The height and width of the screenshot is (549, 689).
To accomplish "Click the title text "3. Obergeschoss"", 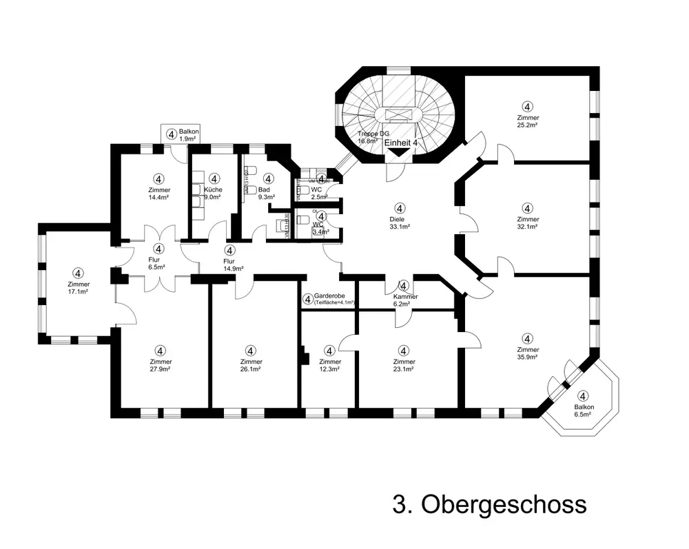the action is coord(489,504).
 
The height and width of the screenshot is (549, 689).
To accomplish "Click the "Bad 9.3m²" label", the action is coord(267,193).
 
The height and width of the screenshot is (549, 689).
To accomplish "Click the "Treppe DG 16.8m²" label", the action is coord(374,137).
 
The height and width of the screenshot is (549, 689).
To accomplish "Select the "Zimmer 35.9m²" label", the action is coord(527,353).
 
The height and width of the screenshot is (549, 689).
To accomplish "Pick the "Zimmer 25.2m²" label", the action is coord(528,122).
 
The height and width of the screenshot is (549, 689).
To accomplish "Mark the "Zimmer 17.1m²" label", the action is coord(79,288).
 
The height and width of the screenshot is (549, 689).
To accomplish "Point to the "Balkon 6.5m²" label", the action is coord(583,411).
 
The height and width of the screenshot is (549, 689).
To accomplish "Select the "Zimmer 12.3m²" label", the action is coord(330,366).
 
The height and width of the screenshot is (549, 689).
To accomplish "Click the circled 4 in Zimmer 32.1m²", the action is coord(527,207).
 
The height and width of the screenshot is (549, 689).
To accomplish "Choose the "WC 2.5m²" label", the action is coord(317,193).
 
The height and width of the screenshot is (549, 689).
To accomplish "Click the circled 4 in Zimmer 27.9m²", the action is coord(160,351).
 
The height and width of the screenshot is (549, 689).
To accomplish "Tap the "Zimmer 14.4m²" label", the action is coord(158,194).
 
